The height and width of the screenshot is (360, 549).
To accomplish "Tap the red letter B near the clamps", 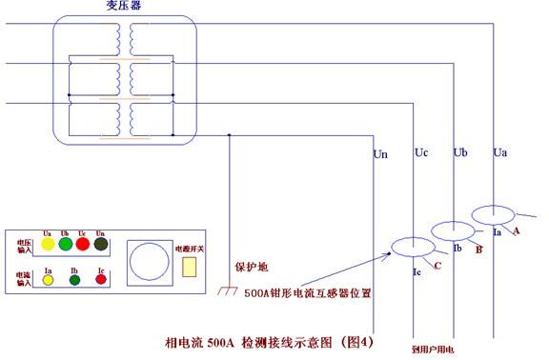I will [x=479, y=250].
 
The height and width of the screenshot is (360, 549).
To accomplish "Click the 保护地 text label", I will [x=248, y=268].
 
